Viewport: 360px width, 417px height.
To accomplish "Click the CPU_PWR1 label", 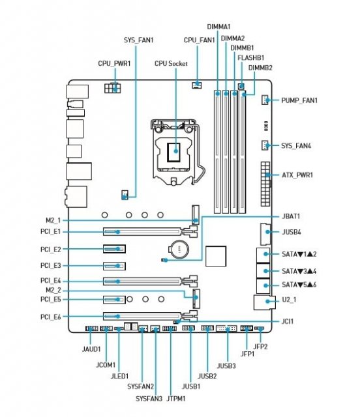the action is click(114, 64).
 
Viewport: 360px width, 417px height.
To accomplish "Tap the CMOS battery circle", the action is click(179, 249).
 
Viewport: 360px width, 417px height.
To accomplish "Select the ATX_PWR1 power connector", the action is click(265, 184).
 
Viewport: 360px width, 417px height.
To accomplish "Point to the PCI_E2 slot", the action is click(114, 249).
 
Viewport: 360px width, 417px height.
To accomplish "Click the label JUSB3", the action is click(226, 366).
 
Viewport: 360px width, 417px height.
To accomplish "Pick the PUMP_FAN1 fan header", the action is click(265, 100).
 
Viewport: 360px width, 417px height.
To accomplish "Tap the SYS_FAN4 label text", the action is click(296, 146).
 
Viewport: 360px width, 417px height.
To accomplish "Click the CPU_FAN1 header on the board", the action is click(197, 85).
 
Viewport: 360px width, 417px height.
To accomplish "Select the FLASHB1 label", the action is click(251, 58).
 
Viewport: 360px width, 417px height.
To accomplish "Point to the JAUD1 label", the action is click(91, 349).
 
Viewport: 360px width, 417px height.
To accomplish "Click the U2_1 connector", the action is click(264, 302).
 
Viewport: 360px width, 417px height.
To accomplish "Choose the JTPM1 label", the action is click(176, 399).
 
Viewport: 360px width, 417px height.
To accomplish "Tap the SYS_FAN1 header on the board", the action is click(125, 195).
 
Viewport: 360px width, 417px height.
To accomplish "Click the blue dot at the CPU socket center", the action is click(175, 151).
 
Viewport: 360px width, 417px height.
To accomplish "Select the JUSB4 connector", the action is click(265, 234).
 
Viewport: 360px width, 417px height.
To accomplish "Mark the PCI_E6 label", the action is click(51, 317).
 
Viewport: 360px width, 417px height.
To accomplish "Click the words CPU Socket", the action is click(171, 64).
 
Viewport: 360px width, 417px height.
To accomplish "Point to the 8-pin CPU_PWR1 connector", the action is click(112, 88).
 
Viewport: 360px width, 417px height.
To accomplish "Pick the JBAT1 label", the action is click(291, 216).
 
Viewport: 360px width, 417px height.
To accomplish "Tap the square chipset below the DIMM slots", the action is click(216, 256).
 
